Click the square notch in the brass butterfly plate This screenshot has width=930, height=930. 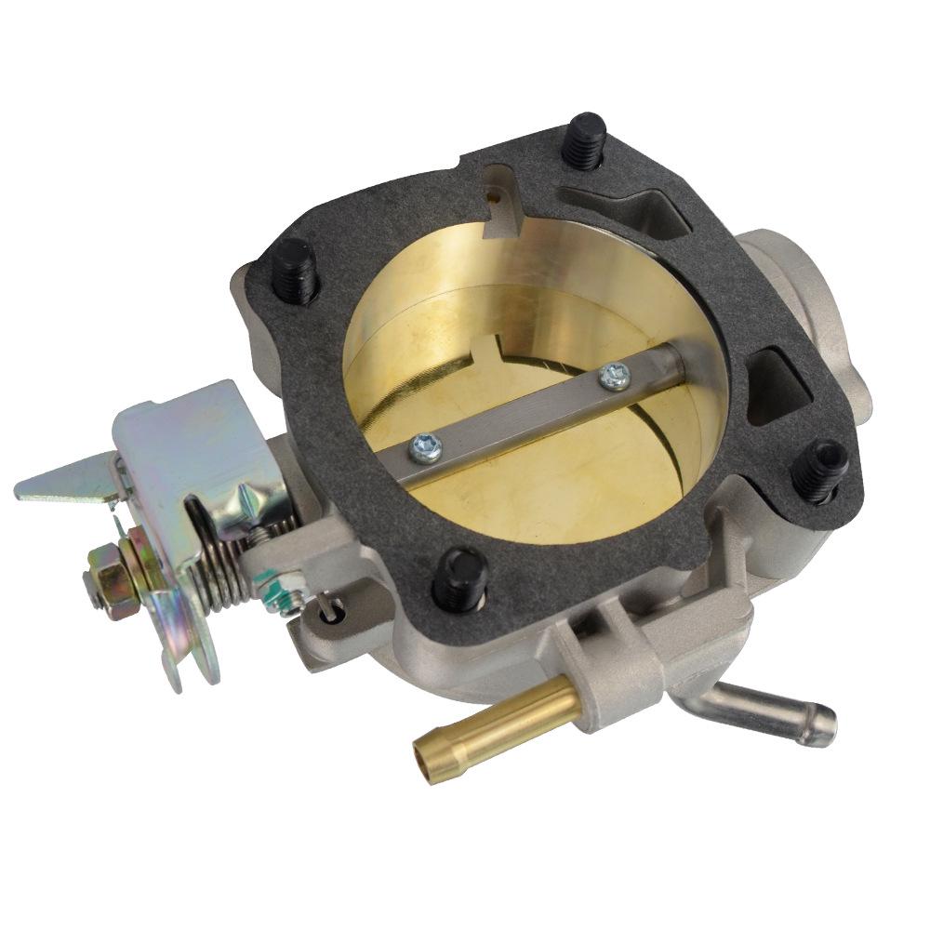click(x=486, y=354)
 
